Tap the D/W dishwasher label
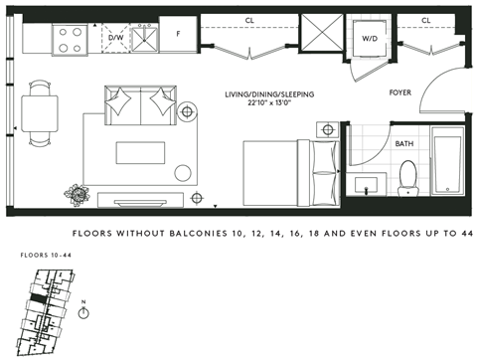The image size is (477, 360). [115, 39]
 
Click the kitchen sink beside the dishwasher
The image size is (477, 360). [145, 37]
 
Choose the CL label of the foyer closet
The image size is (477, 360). [425, 20]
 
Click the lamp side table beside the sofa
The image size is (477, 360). [187, 111]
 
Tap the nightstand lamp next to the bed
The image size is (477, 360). [328, 129]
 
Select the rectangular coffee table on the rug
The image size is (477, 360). [136, 152]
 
